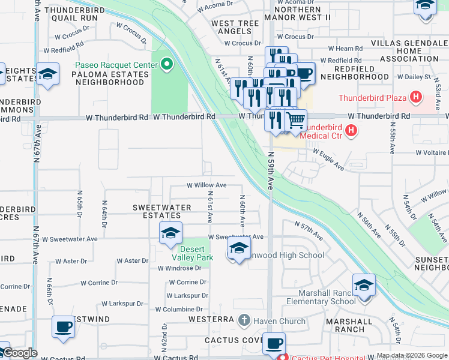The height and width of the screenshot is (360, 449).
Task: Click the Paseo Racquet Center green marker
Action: (x=167, y=64)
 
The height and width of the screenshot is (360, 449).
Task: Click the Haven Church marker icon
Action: (x=244, y=321)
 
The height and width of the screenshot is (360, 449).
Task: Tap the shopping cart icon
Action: (x=295, y=120)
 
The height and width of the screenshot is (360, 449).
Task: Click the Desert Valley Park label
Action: (x=192, y=253)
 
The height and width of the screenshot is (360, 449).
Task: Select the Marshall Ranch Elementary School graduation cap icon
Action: (x=364, y=284)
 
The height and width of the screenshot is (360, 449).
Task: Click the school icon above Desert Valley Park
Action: (x=170, y=232)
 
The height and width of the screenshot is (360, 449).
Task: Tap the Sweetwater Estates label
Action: (x=161, y=212)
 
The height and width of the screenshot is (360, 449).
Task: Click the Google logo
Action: (x=19, y=353)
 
